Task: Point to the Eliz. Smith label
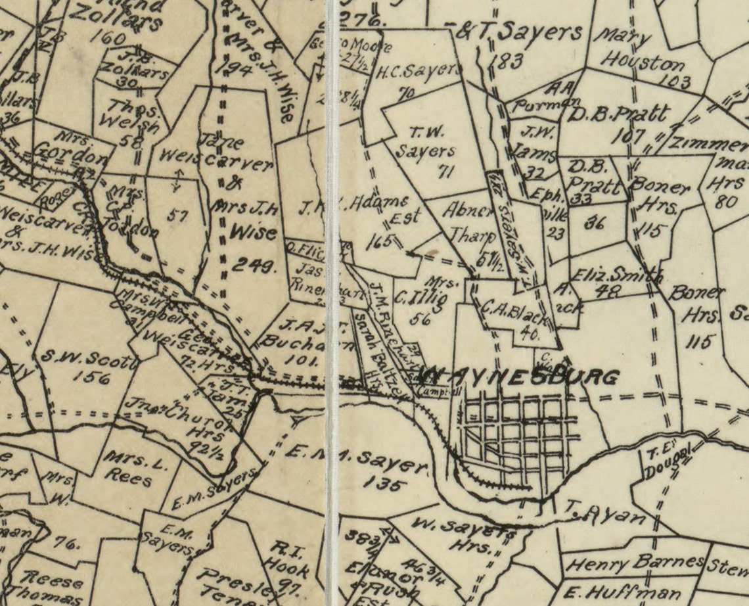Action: [616, 275]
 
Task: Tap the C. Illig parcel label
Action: [421, 299]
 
